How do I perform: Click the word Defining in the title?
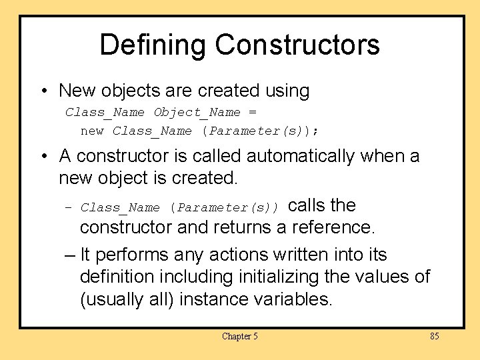tap(153, 45)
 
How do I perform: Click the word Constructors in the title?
tap(297, 45)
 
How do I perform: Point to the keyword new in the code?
tap(92, 131)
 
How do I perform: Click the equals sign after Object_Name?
tap(252, 112)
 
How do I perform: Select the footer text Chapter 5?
tap(239, 337)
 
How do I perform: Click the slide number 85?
tap(434, 337)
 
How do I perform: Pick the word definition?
tap(121, 276)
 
